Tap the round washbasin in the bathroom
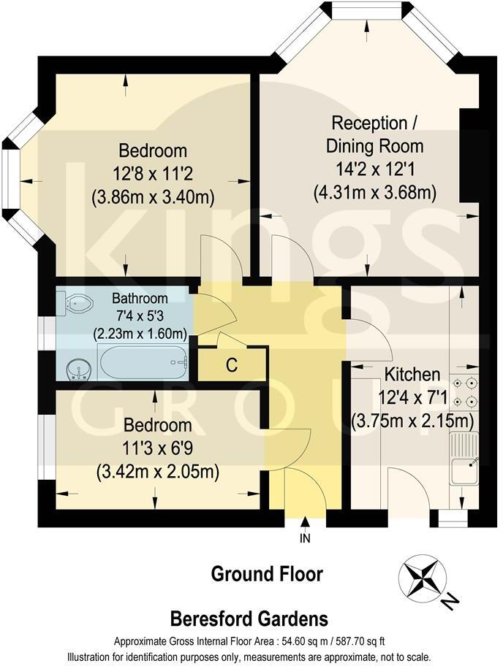[79, 370]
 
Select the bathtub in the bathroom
[143, 362]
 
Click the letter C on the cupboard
[231, 366]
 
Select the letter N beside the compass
[451, 602]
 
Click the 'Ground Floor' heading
[267, 574]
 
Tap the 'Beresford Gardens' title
[249, 620]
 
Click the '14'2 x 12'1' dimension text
[374, 169]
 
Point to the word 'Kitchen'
[412, 375]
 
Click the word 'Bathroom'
[140, 299]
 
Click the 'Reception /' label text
[368, 122]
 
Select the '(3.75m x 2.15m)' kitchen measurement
[413, 421]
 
